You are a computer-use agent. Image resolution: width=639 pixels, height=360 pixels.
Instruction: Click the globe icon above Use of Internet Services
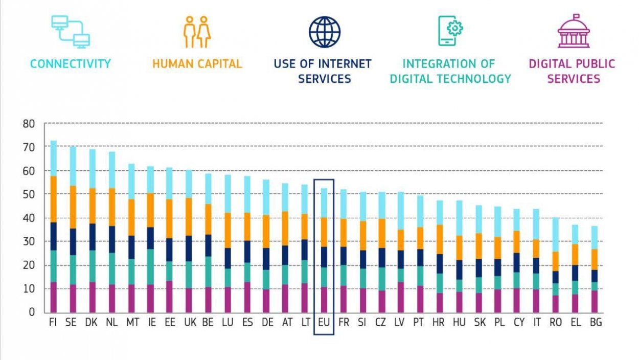325,32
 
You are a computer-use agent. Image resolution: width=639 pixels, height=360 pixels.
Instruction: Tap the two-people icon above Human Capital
197,32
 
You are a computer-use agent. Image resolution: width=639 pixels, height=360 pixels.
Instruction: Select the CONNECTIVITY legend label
71,64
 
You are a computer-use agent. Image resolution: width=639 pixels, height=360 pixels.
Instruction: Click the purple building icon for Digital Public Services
573,32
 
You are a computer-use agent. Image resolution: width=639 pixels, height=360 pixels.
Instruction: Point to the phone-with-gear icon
450,31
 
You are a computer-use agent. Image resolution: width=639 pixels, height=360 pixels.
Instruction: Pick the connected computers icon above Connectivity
71,32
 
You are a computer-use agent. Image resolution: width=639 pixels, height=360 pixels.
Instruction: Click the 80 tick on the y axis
29,123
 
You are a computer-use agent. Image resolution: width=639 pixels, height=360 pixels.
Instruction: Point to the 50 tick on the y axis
29,194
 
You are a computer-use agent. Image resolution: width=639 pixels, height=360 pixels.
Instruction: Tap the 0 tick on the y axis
32,312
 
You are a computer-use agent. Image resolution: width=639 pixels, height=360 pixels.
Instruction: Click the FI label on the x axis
53,323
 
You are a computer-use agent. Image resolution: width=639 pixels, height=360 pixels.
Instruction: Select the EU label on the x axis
324,323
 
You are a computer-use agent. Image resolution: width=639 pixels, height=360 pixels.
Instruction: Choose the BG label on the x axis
595,323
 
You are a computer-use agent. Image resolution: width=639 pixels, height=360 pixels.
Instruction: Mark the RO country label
556,323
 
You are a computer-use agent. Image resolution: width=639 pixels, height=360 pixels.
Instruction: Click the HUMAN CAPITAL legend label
197,64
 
